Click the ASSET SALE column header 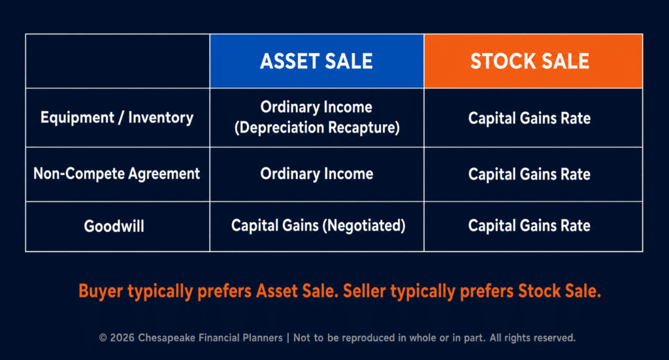[317, 61]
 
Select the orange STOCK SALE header [533, 61]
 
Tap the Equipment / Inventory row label [117, 118]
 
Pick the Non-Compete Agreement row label [116, 174]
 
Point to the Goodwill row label [114, 226]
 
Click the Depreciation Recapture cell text [317, 127]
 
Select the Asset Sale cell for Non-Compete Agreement [317, 174]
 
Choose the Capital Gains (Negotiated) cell [318, 225]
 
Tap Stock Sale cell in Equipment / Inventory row [529, 118]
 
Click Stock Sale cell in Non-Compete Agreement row [529, 174]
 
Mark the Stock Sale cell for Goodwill [529, 225]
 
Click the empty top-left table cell [118, 61]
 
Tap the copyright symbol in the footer [103, 338]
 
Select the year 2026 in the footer [122, 338]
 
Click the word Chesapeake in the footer [167, 338]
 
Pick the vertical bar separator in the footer [288, 338]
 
